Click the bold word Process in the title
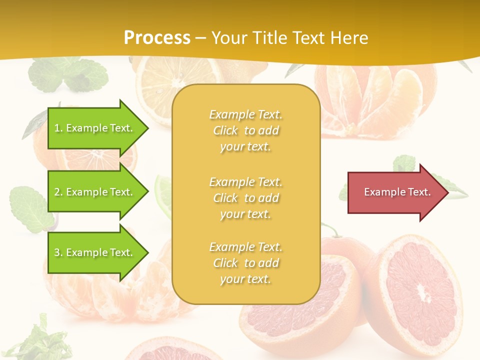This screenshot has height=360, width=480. click(157, 38)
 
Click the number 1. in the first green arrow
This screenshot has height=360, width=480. click(58, 128)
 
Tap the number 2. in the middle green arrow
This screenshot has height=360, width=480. click(58, 192)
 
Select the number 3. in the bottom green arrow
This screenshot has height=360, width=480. click(58, 252)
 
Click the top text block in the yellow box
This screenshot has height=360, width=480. click(245, 130)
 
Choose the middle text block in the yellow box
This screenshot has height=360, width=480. click(245, 198)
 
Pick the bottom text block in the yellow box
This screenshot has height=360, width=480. click(245, 263)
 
